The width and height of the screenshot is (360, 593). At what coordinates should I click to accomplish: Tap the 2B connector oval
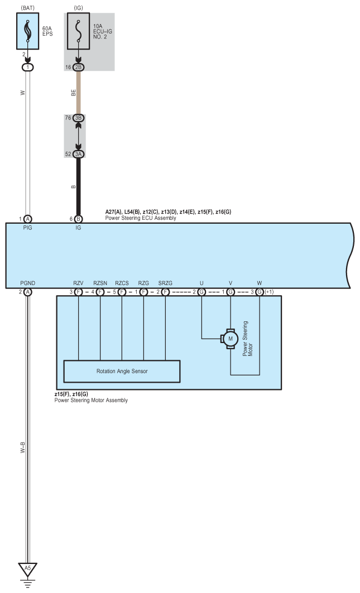click(x=79, y=66)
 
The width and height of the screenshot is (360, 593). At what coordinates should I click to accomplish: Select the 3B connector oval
click(x=79, y=118)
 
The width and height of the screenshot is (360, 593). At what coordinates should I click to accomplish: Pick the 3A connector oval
click(x=79, y=154)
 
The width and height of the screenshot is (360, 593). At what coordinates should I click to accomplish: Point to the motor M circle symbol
click(x=229, y=338)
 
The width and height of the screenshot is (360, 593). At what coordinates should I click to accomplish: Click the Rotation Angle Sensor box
click(x=122, y=372)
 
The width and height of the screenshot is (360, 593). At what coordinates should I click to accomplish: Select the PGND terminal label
click(x=28, y=283)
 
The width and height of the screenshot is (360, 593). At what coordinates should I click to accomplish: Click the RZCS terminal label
click(x=122, y=283)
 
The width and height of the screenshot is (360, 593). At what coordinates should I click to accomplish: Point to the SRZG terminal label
click(x=165, y=283)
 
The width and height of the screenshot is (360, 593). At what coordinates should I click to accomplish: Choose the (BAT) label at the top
click(x=27, y=7)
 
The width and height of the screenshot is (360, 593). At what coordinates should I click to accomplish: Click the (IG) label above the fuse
click(x=78, y=7)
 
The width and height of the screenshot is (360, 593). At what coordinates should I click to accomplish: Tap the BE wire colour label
click(x=73, y=93)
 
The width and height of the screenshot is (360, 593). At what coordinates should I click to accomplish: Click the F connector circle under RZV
click(x=79, y=292)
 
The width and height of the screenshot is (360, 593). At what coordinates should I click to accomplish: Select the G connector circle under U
click(x=201, y=292)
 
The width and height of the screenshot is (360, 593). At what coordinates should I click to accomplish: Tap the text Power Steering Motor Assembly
click(x=91, y=401)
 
